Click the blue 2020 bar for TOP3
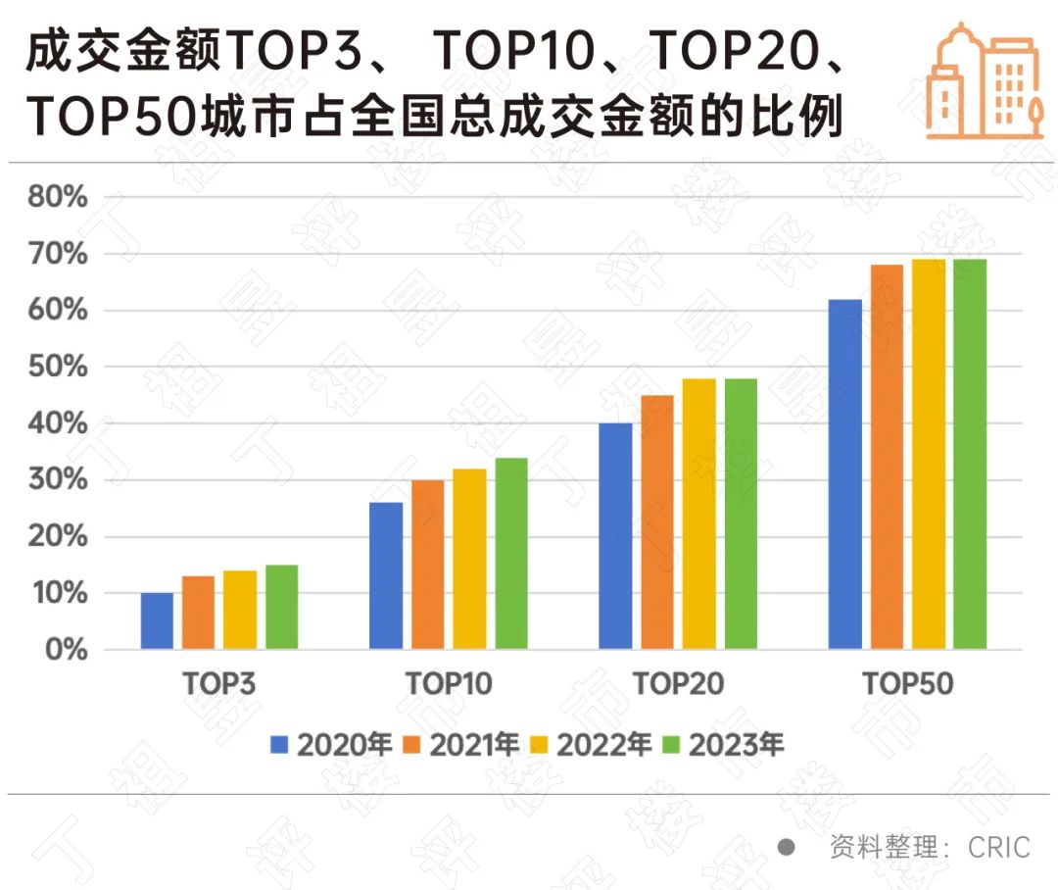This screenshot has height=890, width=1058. [x=157, y=620]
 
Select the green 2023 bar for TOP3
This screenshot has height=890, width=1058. [x=281, y=607]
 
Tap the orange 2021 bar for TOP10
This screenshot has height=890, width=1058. [x=427, y=564]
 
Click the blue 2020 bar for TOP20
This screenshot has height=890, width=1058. [x=615, y=535]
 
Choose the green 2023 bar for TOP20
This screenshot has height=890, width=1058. [x=741, y=514]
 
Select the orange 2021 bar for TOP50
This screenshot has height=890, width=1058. [x=887, y=457]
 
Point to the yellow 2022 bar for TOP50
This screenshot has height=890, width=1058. [x=929, y=454]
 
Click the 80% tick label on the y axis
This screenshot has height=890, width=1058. [x=56, y=198]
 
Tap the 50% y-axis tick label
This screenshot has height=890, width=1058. [x=56, y=368]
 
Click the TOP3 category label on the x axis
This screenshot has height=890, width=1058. [x=219, y=683]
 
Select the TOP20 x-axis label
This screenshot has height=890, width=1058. [x=678, y=683]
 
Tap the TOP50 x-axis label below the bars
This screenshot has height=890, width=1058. [x=907, y=683]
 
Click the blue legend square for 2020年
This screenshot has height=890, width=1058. [x=280, y=745]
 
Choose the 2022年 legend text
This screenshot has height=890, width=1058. [x=603, y=745]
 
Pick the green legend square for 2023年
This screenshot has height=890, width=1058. [x=672, y=745]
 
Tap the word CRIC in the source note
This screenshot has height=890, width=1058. [x=999, y=847]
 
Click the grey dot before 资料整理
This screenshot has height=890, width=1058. [x=786, y=847]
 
